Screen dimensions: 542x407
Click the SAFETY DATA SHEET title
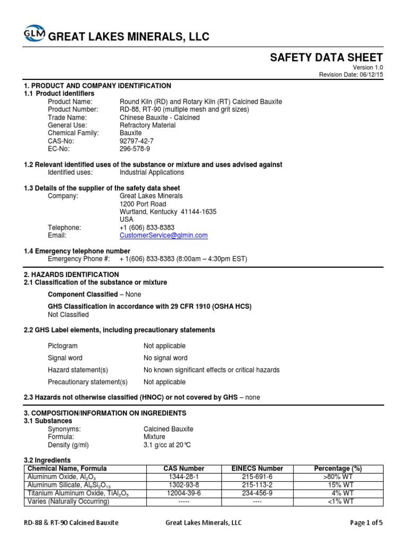click(326, 58)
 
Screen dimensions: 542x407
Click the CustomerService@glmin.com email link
click(164, 235)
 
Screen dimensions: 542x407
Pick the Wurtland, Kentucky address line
click(168, 212)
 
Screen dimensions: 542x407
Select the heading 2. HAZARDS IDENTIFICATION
click(72, 275)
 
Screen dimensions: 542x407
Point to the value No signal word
click(165, 358)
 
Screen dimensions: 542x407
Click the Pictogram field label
click(63, 346)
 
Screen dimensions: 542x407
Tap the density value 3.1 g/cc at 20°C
click(169, 445)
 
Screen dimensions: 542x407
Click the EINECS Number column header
click(258, 468)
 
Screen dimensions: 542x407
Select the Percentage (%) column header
click(338, 468)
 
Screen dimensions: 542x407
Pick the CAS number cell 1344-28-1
click(184, 476)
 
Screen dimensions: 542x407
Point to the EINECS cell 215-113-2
click(258, 484)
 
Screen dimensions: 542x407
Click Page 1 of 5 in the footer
click(366, 523)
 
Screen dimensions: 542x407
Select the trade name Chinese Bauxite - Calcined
click(160, 118)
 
